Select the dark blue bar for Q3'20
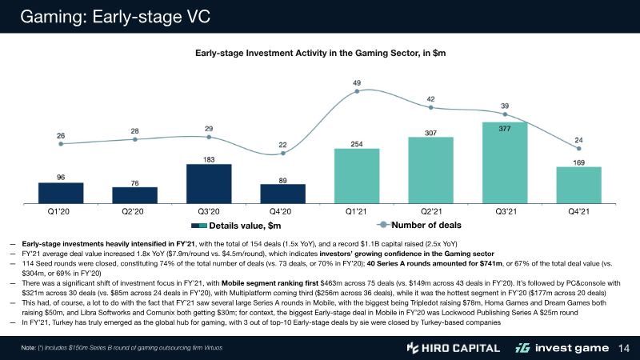(x=209, y=184)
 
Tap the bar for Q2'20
(x=134, y=196)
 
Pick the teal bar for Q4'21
(x=579, y=186)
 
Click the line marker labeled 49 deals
(x=357, y=93)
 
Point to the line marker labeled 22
(x=282, y=154)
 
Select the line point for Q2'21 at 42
(x=430, y=107)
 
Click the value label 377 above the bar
(x=505, y=128)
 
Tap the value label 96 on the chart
(x=61, y=177)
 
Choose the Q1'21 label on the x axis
(x=357, y=212)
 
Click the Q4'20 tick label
(x=282, y=212)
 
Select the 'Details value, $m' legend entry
(x=235, y=226)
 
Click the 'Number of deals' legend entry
(x=428, y=225)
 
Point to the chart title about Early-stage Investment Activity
(x=320, y=53)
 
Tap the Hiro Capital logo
(x=453, y=348)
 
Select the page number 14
(x=626, y=348)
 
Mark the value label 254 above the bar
(x=357, y=143)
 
